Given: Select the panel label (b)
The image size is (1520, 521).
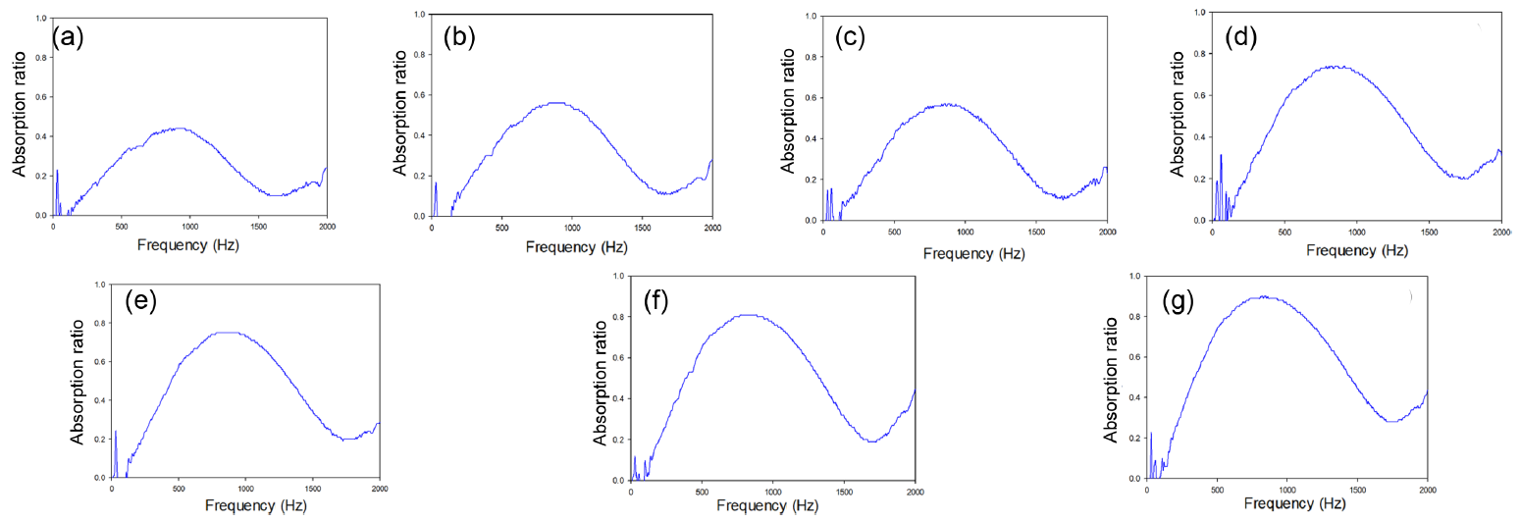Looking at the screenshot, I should tap(460, 38).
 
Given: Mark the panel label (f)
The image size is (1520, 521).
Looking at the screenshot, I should tap(655, 299).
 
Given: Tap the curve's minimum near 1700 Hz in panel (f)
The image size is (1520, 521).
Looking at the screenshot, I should tap(869, 442).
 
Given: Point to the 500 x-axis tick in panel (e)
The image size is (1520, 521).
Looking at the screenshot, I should tap(179, 489).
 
